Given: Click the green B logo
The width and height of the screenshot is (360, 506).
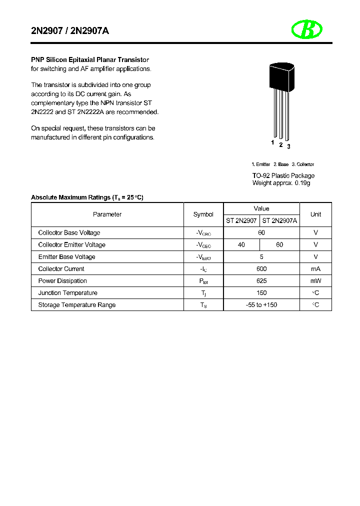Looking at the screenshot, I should [306, 30].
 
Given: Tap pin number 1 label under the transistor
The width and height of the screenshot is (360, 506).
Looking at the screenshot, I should [273, 142].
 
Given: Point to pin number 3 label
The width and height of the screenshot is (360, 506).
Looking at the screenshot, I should [288, 146].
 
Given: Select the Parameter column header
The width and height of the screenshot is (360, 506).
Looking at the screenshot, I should [107, 214].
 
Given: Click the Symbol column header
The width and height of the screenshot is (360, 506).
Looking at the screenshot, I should [203, 214].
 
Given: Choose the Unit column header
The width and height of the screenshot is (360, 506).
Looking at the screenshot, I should [315, 214].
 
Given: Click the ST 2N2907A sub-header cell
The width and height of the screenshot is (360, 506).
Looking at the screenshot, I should [279, 220].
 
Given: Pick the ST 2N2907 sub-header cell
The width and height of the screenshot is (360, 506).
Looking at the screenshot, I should [241, 220].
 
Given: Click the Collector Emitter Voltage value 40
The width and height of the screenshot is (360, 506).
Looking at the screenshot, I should [241, 245].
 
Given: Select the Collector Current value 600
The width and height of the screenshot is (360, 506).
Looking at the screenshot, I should [261, 269].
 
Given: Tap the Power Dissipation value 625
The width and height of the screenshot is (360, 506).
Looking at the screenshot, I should [261, 281].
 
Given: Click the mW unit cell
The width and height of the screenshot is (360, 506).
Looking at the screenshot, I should [315, 281].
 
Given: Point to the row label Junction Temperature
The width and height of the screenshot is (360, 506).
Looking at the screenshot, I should [68, 293].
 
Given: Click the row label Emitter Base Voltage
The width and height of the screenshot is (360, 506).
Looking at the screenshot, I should [66, 257].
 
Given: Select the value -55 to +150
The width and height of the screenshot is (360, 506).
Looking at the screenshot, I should [261, 305].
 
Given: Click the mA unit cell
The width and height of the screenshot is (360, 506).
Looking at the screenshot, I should [315, 269].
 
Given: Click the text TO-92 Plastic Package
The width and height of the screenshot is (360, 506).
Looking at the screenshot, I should [283, 175].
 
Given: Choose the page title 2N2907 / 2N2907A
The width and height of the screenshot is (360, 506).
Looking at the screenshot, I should [70, 31].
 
